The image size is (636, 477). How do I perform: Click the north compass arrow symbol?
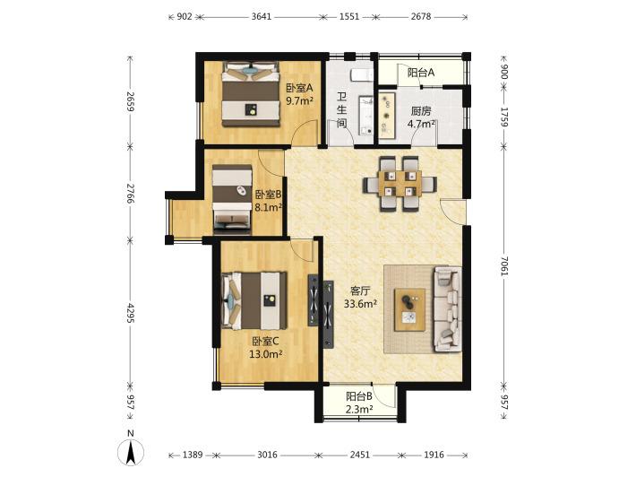click(130, 451)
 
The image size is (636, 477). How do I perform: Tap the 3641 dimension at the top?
click(262, 17)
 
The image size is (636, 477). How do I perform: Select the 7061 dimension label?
click(503, 266)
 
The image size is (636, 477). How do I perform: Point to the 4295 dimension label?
click(130, 313)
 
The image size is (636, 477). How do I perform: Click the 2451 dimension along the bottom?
click(360, 455)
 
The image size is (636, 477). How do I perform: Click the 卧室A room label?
click(300, 88)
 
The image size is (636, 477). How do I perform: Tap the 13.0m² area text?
click(266, 354)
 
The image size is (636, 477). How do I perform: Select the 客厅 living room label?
click(360, 291)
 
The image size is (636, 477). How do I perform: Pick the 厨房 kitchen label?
click(421, 111)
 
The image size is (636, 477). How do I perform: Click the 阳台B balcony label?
click(359, 396)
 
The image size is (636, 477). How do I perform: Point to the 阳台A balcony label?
click(421, 73)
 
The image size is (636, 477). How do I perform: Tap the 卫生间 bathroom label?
click(342, 109)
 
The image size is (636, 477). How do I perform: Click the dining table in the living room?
click(400, 184)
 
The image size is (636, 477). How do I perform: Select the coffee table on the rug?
click(409, 309)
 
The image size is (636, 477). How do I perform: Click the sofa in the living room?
click(448, 309)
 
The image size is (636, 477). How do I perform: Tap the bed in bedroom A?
click(251, 94)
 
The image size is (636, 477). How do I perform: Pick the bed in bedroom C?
click(254, 300)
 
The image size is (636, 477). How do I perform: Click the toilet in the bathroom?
click(361, 74)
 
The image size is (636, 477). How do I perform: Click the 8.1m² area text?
click(268, 207)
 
